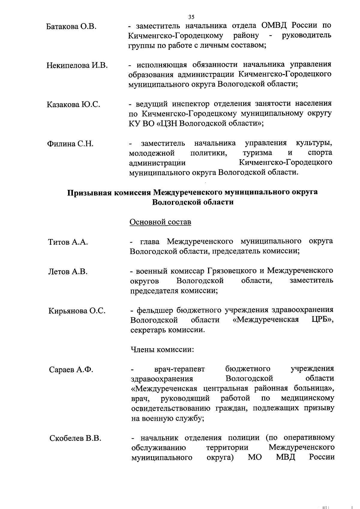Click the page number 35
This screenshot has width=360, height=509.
coord(191,17)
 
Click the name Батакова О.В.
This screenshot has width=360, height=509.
coord(71,27)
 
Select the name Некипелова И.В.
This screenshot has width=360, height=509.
coord(77,65)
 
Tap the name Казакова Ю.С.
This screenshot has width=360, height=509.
coord(73,105)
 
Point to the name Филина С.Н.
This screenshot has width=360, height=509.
coord(70,144)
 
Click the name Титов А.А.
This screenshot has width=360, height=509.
coord(68,242)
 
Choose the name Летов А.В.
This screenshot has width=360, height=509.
coord(68,272)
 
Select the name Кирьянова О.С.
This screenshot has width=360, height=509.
coord(77,311)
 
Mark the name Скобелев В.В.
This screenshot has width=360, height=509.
coord(75,439)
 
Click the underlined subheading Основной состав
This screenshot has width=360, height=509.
coord(160,222)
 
